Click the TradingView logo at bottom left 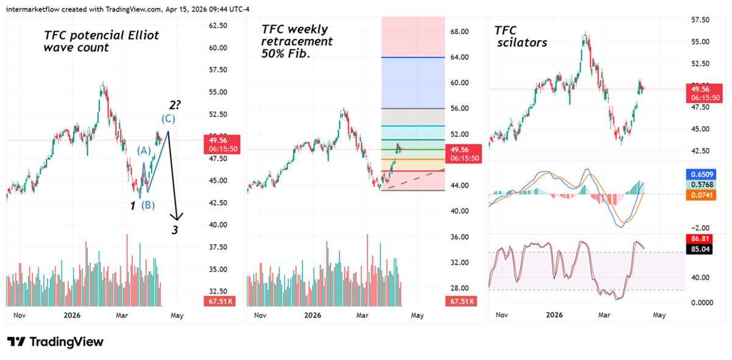[x=55, y=342]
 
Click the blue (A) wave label [x=143, y=150]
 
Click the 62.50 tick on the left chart [x=218, y=26]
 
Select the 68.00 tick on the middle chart [x=459, y=32]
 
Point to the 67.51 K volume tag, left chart [x=218, y=301]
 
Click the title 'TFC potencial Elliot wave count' [x=101, y=41]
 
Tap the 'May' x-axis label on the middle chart [x=417, y=316]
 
